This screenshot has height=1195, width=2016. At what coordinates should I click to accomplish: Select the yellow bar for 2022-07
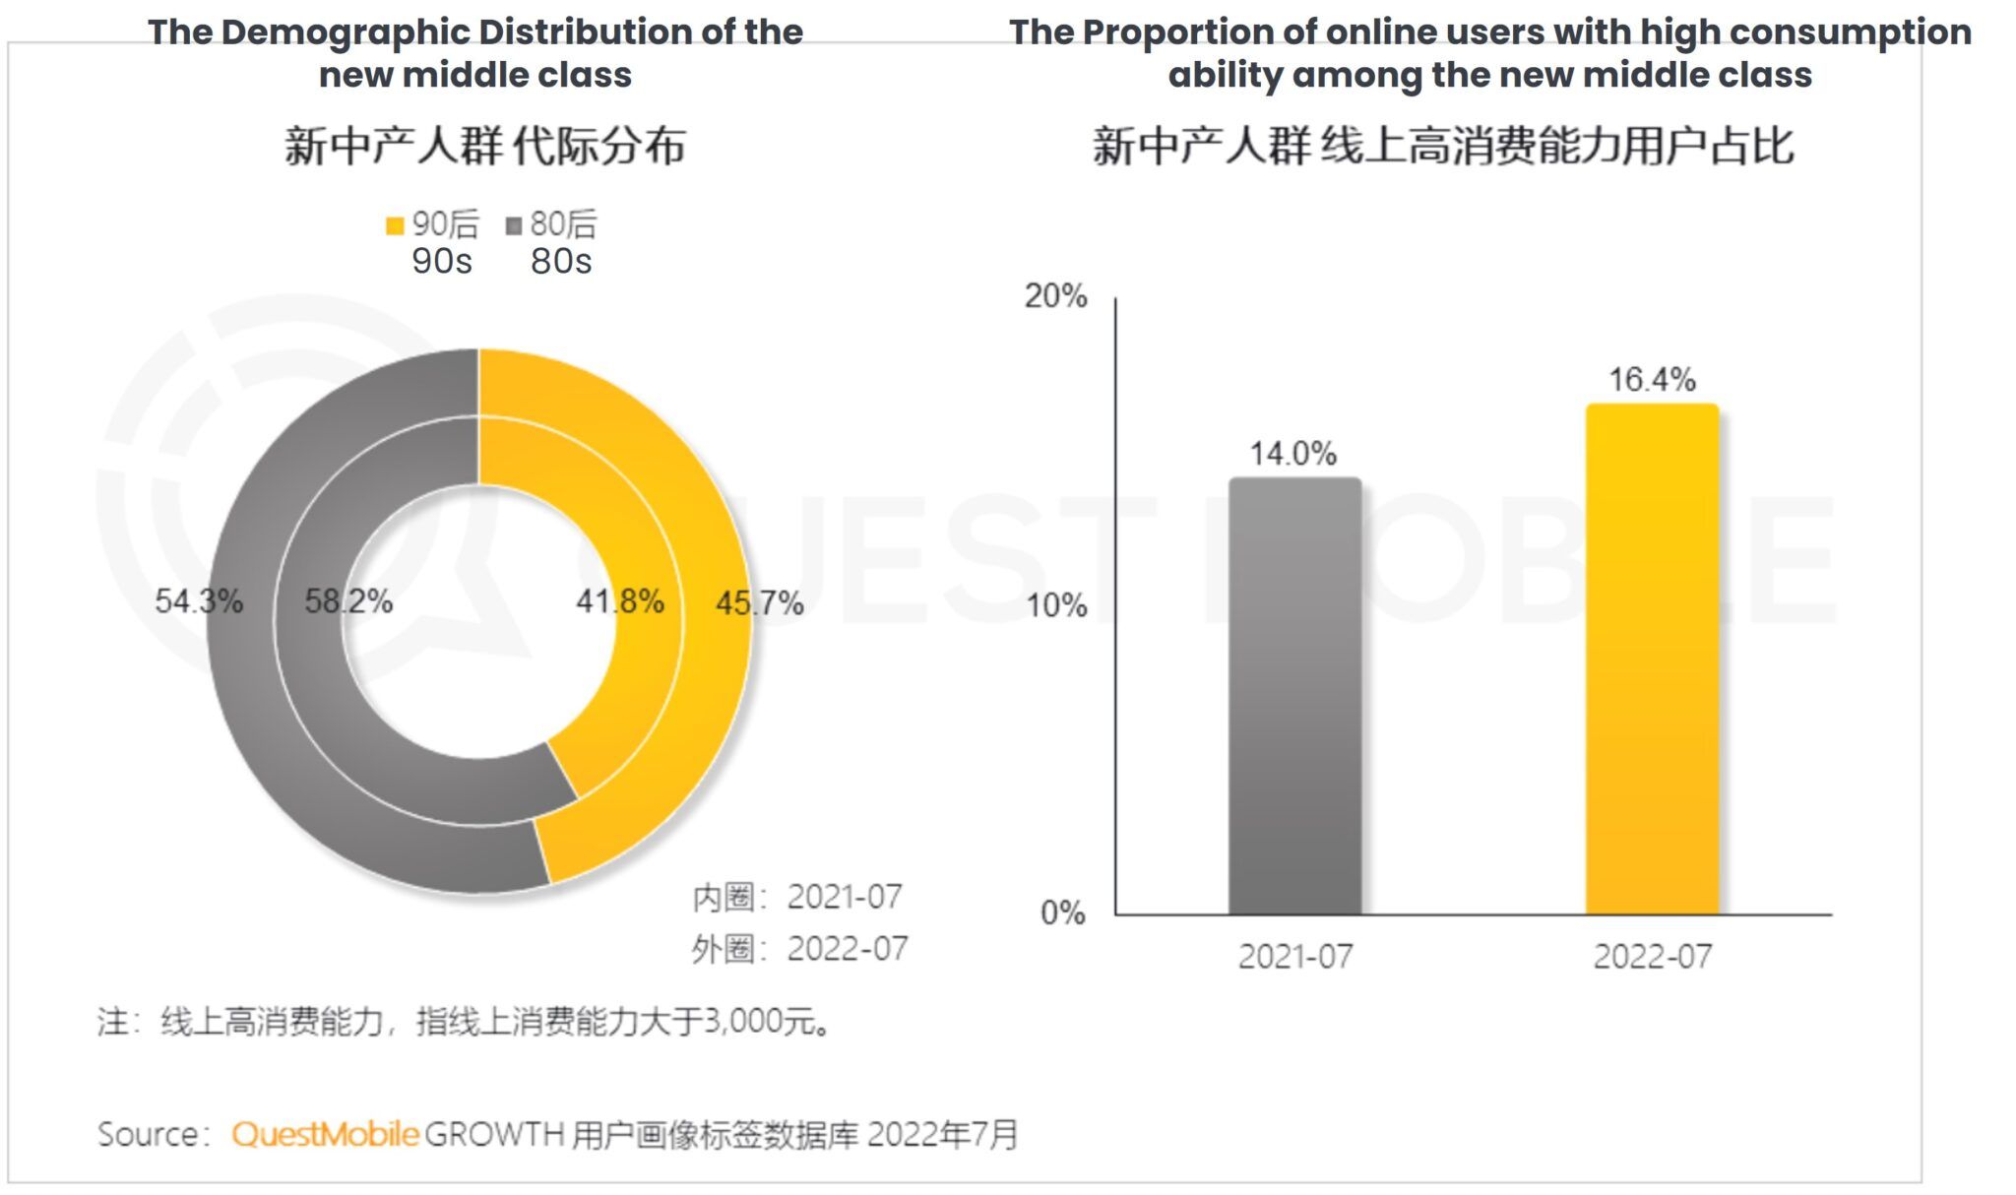pyautogui.click(x=1652, y=660)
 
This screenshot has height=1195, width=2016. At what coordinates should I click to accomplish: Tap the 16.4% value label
pyautogui.click(x=1652, y=380)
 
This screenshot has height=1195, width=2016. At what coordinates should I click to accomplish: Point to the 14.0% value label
pyautogui.click(x=1293, y=454)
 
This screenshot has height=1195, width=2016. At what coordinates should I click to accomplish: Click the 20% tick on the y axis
pyautogui.click(x=1055, y=295)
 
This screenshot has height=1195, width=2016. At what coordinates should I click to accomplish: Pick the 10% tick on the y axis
pyautogui.click(x=1056, y=604)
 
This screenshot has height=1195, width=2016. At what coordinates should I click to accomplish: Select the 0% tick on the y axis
pyautogui.click(x=1062, y=912)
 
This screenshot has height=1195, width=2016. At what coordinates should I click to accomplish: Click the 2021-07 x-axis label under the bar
pyautogui.click(x=1294, y=956)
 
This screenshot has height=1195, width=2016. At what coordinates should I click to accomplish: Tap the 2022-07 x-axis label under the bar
pyautogui.click(x=1652, y=956)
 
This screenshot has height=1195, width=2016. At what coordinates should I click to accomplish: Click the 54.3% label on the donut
pyautogui.click(x=199, y=600)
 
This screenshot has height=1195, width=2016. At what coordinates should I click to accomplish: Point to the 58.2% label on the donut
pyautogui.click(x=348, y=600)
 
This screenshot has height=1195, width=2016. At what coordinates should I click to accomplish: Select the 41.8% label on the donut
pyautogui.click(x=620, y=600)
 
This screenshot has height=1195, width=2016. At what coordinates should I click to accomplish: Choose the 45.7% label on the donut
pyautogui.click(x=759, y=602)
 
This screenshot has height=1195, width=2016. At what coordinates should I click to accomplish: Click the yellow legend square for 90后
pyautogui.click(x=395, y=225)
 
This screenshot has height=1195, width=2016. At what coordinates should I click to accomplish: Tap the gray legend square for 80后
pyautogui.click(x=513, y=225)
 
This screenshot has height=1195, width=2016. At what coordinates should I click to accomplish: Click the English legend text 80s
pyautogui.click(x=561, y=262)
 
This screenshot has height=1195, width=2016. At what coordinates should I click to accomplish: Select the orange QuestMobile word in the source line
pyautogui.click(x=326, y=1134)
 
